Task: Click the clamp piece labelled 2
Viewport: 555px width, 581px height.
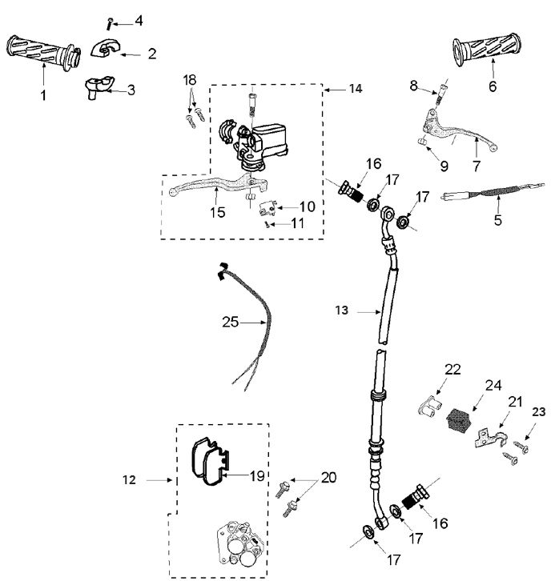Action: (106, 48)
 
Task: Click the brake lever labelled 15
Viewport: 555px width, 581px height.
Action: (200, 189)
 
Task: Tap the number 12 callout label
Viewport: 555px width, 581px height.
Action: (131, 480)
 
